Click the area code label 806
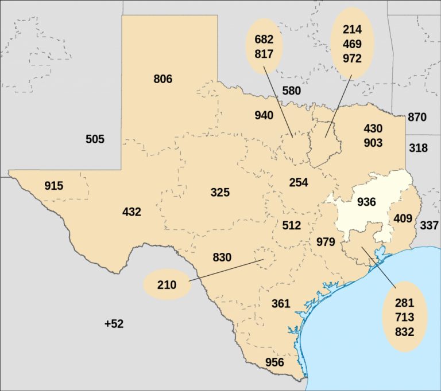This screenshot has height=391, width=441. [163, 79]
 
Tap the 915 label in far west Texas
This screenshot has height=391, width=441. [54, 186]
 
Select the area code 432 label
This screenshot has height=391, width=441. [131, 212]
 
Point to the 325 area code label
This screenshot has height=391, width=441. [220, 192]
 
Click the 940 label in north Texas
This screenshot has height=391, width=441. [264, 115]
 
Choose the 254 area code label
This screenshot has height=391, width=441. [299, 182]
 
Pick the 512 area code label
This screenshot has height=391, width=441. [292, 225]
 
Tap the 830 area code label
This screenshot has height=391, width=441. [222, 257]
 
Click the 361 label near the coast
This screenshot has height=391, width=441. [280, 303]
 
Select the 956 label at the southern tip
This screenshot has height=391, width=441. [274, 362]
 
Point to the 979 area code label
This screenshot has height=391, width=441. [326, 242]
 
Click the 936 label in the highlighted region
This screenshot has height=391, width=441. [366, 202]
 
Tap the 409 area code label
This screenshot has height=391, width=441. [403, 218]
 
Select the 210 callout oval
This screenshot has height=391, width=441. [167, 284]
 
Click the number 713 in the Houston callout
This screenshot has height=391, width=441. [404, 317]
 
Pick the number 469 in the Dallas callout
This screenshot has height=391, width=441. [352, 44]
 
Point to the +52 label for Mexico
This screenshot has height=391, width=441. [114, 324]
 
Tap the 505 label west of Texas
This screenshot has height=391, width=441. [95, 139]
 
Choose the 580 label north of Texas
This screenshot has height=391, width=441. [291, 91]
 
